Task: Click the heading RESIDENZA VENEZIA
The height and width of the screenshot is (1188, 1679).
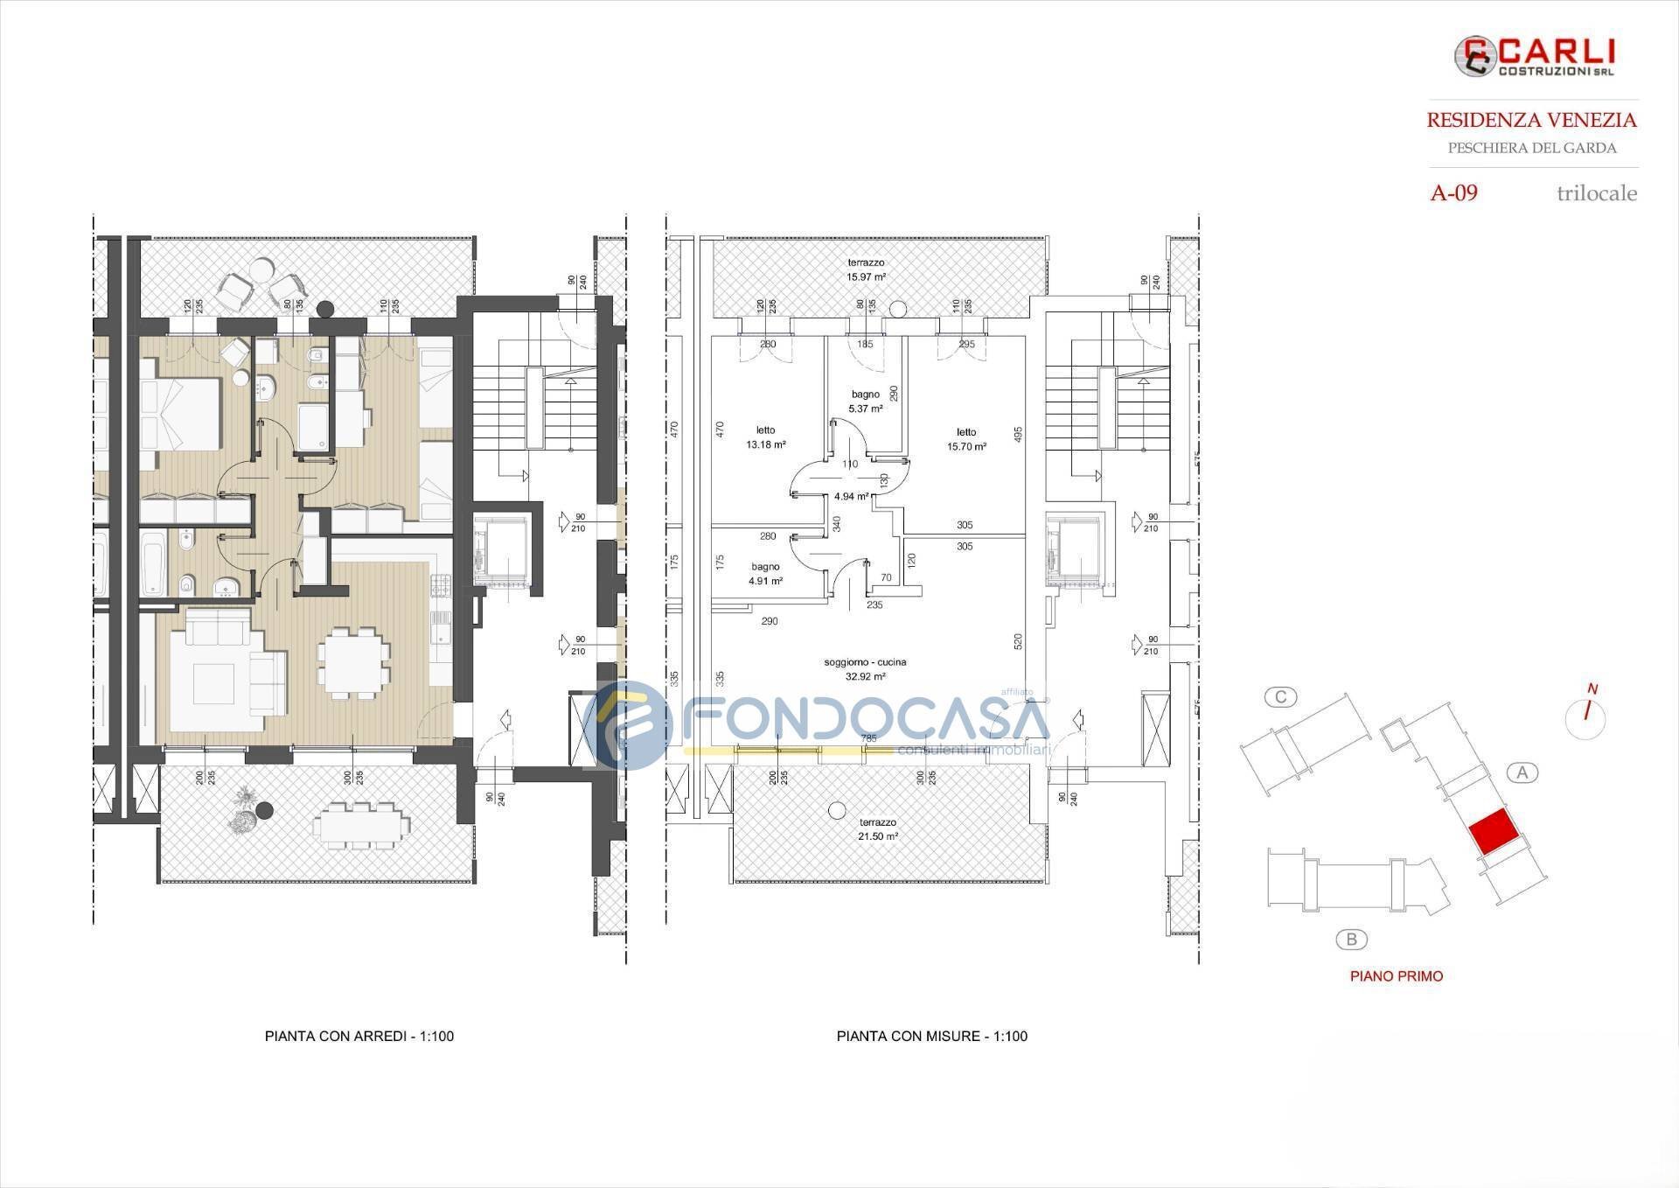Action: [x=1531, y=120]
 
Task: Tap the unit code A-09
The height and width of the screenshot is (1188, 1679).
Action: [x=1453, y=193]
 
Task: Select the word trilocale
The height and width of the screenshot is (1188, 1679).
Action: [x=1596, y=193]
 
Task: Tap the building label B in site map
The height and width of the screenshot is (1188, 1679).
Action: [x=1351, y=940]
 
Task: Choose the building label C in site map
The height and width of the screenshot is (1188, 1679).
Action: [x=1281, y=697]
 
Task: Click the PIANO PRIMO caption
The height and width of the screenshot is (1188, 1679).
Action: [x=1396, y=975]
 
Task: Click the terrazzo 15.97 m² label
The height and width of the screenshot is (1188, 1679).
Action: [x=866, y=269]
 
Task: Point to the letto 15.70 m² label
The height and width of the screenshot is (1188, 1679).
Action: [x=965, y=439]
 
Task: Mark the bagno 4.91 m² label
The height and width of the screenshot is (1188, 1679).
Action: [x=764, y=574]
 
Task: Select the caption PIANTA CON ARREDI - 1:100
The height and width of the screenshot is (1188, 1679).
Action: [x=359, y=1036]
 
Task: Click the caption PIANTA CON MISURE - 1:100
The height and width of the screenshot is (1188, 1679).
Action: [x=931, y=1036]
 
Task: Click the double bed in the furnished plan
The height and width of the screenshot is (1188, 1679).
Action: [x=187, y=416]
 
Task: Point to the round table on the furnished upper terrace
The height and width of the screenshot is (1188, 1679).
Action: [x=261, y=271]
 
